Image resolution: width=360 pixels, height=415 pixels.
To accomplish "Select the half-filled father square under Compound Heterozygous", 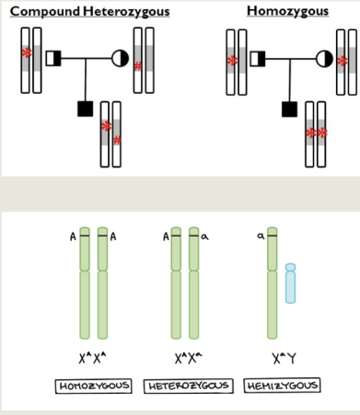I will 52,59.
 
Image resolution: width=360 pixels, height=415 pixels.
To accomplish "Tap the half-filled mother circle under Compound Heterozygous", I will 120,59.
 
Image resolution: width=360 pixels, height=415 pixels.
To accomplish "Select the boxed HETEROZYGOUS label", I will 189,385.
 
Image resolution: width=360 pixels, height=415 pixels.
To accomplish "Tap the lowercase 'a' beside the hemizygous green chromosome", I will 260,236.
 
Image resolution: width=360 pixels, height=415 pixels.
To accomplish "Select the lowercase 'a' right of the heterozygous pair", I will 207,236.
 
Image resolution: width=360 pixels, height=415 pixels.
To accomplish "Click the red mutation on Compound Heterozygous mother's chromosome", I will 138,64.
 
